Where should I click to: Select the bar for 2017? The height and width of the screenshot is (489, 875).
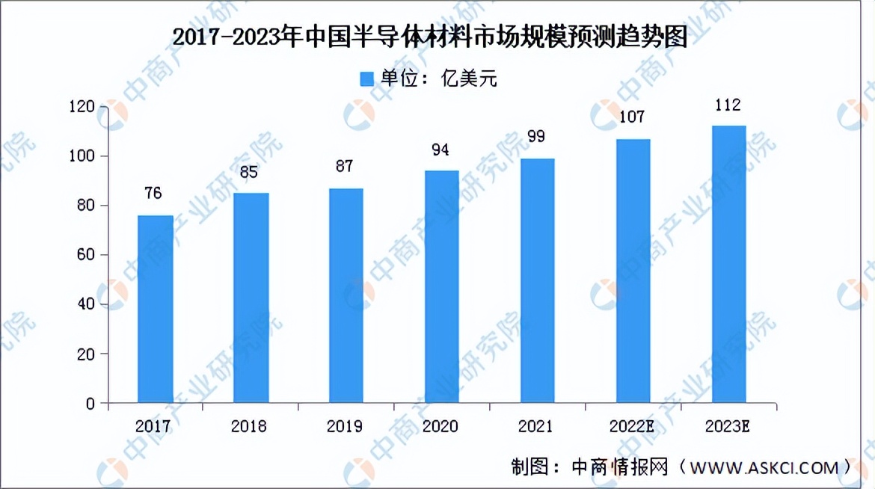click(156, 309)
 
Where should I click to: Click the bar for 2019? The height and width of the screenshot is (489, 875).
click(346, 295)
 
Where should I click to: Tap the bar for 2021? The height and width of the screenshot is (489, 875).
click(538, 280)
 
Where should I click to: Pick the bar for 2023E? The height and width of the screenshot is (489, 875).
click(729, 264)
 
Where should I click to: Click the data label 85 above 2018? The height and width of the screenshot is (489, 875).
click(249, 172)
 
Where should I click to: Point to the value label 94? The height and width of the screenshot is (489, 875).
click(440, 150)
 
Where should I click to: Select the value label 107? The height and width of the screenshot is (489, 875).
click(632, 117)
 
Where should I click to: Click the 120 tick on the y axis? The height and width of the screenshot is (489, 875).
click(82, 107)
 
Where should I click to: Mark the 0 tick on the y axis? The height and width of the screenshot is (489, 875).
click(91, 404)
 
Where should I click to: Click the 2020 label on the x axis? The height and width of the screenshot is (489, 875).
click(440, 426)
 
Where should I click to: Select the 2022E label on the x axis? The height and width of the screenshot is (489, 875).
click(632, 426)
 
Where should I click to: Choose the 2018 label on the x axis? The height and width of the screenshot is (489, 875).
click(249, 426)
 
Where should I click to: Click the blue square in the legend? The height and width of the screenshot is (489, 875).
click(366, 79)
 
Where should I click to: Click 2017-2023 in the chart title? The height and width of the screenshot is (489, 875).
click(233, 37)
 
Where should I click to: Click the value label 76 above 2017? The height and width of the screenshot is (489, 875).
click(153, 194)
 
